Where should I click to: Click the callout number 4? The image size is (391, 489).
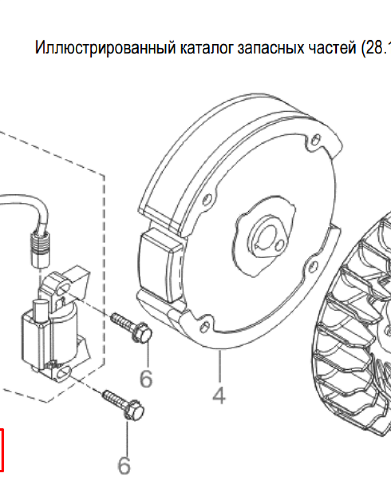[219, 395]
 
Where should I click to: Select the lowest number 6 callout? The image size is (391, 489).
[124, 465]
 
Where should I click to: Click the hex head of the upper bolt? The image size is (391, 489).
[143, 333]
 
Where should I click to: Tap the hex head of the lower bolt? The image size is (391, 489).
[134, 410]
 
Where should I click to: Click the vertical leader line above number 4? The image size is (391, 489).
[219, 365]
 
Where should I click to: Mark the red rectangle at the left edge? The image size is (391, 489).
[1, 449]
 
